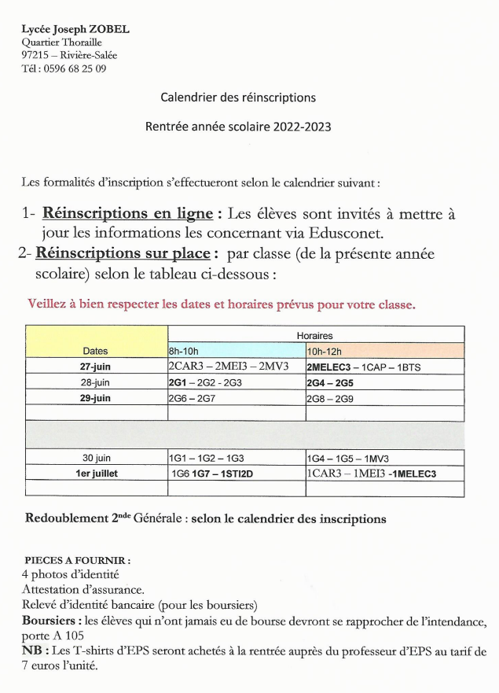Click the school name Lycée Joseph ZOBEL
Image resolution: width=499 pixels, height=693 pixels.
coord(75,29)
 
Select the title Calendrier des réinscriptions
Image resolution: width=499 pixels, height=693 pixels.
coord(238,98)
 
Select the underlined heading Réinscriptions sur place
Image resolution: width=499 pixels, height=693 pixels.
coord(123,254)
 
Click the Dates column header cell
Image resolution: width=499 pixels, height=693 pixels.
coord(95,351)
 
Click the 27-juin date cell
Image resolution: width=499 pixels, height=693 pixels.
coord(95,367)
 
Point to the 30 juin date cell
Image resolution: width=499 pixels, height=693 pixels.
coord(95,457)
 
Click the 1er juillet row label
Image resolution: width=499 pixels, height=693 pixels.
coord(95,474)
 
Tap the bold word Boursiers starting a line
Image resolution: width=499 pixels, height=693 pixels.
coord(50,621)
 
